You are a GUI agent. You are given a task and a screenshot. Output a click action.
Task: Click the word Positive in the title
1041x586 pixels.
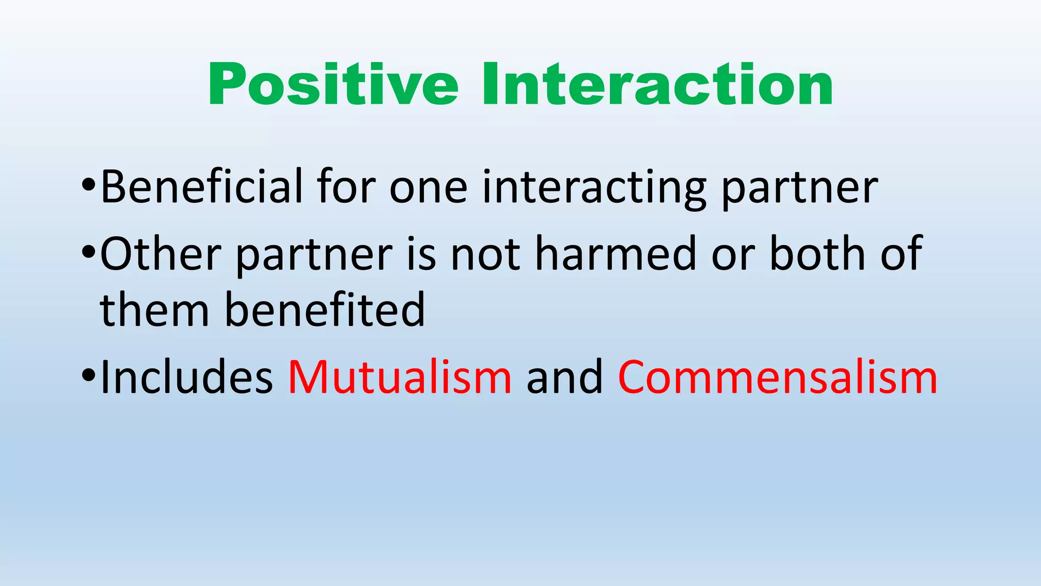pyautogui.click(x=333, y=85)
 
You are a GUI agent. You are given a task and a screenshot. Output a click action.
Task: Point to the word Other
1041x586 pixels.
pyautogui.click(x=160, y=254)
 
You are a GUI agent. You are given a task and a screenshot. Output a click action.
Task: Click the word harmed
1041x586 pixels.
pyautogui.click(x=616, y=254)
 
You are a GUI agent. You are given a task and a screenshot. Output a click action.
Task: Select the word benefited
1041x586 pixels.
pyautogui.click(x=324, y=310)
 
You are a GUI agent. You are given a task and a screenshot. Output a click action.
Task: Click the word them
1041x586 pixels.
pyautogui.click(x=155, y=310)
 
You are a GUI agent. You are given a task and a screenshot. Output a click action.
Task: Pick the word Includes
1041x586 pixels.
pyautogui.click(x=187, y=377)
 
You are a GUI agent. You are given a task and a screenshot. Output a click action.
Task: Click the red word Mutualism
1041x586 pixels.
pyautogui.click(x=400, y=377)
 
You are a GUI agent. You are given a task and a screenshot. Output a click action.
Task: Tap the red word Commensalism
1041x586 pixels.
pyautogui.click(x=777, y=377)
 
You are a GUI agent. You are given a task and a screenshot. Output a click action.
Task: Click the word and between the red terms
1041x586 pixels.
pyautogui.click(x=564, y=377)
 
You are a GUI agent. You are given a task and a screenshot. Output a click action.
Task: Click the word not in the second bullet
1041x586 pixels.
pyautogui.click(x=485, y=254)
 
